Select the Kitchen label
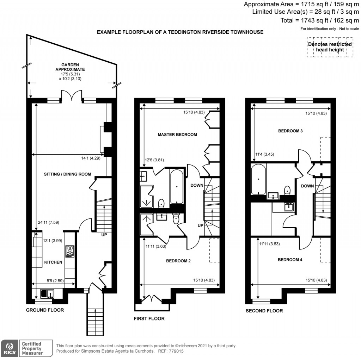click(x=53, y=262)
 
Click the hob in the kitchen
click(x=69, y=251)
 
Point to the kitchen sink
click(x=47, y=293)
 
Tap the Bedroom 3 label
click(x=290, y=131)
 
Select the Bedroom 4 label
click(x=290, y=260)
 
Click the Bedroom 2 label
click(x=178, y=261)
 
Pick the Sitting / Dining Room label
click(x=67, y=174)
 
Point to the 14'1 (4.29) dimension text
click(x=90, y=159)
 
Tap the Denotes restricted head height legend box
click(x=330, y=47)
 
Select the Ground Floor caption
click(x=45, y=310)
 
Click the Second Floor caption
click(x=264, y=311)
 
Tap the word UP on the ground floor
click(x=104, y=235)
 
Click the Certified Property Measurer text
click(x=32, y=348)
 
